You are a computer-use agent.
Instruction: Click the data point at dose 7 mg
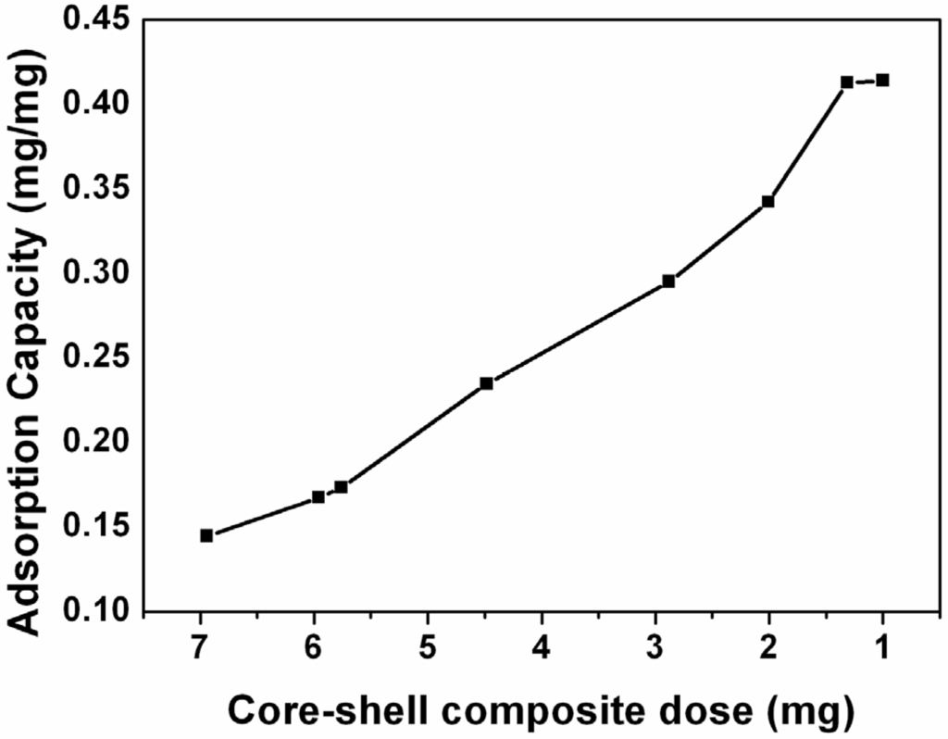pyautogui.click(x=206, y=535)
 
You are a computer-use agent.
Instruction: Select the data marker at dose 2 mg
pyautogui.click(x=767, y=201)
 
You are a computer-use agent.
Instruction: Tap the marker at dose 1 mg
pyautogui.click(x=882, y=81)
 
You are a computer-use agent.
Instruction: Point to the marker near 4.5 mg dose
pyautogui.click(x=486, y=383)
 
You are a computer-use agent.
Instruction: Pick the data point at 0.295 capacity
pyautogui.click(x=668, y=282)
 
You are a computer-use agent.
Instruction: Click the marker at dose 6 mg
pyautogui.click(x=318, y=497)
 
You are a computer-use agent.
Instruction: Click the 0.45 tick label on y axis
pyautogui.click(x=97, y=19)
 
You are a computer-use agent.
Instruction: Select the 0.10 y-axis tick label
pyautogui.click(x=97, y=612)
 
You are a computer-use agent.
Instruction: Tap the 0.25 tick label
pyautogui.click(x=97, y=358)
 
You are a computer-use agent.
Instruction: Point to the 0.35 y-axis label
pyautogui.click(x=97, y=189)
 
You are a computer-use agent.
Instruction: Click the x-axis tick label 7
pyautogui.click(x=201, y=649)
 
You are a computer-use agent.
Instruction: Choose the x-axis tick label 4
pyautogui.click(x=543, y=649)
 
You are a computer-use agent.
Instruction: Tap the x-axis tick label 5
pyautogui.click(x=429, y=649)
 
